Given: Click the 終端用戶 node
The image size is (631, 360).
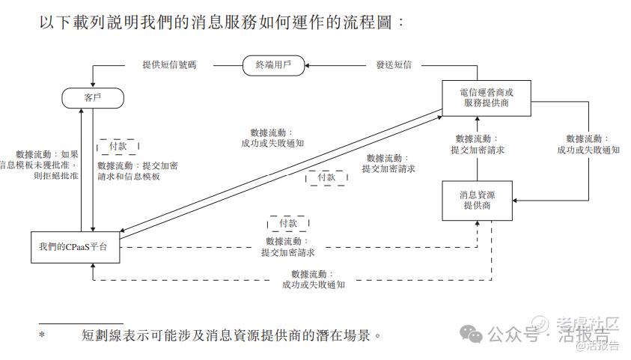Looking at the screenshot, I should click(273, 65).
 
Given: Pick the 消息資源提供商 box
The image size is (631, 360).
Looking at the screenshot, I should click(477, 200).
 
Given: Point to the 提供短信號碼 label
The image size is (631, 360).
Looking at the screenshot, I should click(170, 65).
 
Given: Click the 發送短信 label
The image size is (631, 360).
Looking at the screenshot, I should click(393, 65).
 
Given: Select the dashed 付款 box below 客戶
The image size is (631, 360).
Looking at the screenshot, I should click(118, 146).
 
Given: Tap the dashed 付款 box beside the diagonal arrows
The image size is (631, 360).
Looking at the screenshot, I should click(326, 177).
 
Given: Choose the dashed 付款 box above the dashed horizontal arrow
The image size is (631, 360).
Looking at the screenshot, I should click(288, 223).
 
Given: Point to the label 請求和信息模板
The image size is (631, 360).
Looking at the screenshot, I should click(129, 177).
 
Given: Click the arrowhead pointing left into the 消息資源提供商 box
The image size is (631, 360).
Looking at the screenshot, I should click(516, 200).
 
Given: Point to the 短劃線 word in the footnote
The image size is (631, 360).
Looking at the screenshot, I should click(103, 335).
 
